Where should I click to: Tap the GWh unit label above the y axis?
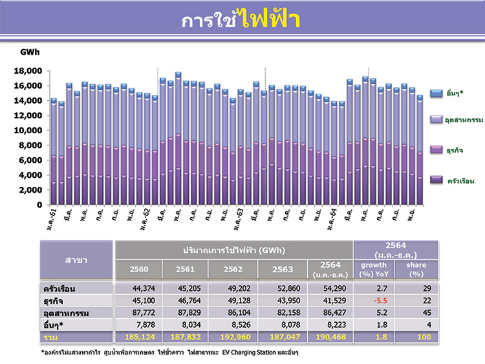[30, 52]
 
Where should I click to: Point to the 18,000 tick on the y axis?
[29, 70]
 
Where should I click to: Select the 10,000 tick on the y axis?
[29, 131]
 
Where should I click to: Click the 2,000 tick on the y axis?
[31, 190]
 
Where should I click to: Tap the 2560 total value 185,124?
[136, 337]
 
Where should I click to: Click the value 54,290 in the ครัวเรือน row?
[329, 288]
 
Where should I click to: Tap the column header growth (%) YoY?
[374, 269]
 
